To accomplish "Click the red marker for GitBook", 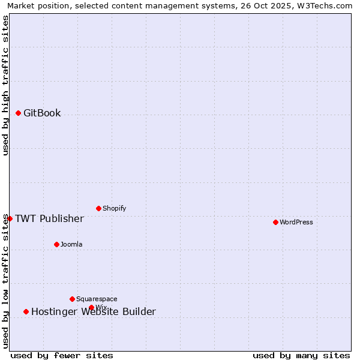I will pyautogui.click(x=18, y=113).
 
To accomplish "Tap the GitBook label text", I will pyautogui.click(x=42, y=113).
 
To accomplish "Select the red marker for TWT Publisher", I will pyautogui.click(x=10, y=218).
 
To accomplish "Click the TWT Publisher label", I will pyautogui.click(x=49, y=218).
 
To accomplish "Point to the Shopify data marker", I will pyautogui.click(x=98, y=208).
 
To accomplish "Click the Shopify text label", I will pyautogui.click(x=114, y=208).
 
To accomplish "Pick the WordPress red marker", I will pyautogui.click(x=275, y=222).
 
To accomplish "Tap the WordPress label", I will pyautogui.click(x=296, y=222).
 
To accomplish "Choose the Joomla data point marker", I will pyautogui.click(x=56, y=244).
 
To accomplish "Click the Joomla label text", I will pyautogui.click(x=71, y=244).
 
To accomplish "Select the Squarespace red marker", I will pyautogui.click(x=72, y=299).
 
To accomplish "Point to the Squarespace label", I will pyautogui.click(x=97, y=299).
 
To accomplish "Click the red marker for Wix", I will pyautogui.click(x=91, y=307).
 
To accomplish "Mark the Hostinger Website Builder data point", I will pyautogui.click(x=26, y=311).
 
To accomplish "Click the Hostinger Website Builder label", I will pyautogui.click(x=94, y=311).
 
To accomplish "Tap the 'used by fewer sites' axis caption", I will pyautogui.click(x=62, y=355).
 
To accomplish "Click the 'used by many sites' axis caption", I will pyautogui.click(x=301, y=355).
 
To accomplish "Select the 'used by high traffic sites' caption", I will pyautogui.click(x=5, y=85).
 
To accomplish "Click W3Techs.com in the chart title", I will pyautogui.click(x=327, y=5).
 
